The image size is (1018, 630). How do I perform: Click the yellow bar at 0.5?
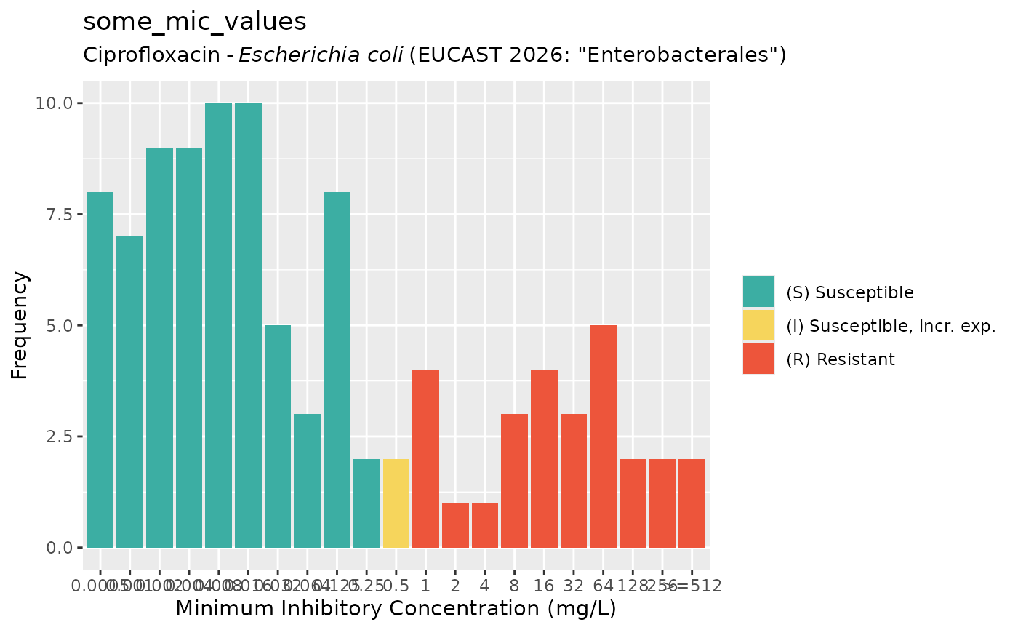(396, 503)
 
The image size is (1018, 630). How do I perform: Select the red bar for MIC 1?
(425, 459)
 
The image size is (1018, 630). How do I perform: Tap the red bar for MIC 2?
(455, 525)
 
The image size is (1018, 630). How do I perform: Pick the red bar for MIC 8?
(514, 481)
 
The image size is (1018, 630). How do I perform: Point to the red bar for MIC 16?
(544, 459)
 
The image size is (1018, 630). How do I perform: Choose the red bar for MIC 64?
(603, 436)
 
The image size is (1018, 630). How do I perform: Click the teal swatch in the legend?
(758, 292)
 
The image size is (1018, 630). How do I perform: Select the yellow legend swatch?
(758, 326)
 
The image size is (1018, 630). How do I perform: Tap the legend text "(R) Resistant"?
(841, 359)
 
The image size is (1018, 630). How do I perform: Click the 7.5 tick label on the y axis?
(59, 215)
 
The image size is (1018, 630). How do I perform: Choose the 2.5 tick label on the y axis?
(59, 436)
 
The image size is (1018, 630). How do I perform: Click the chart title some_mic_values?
(195, 22)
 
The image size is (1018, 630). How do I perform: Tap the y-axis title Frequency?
(20, 325)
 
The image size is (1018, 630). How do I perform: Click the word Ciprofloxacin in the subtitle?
(151, 55)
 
